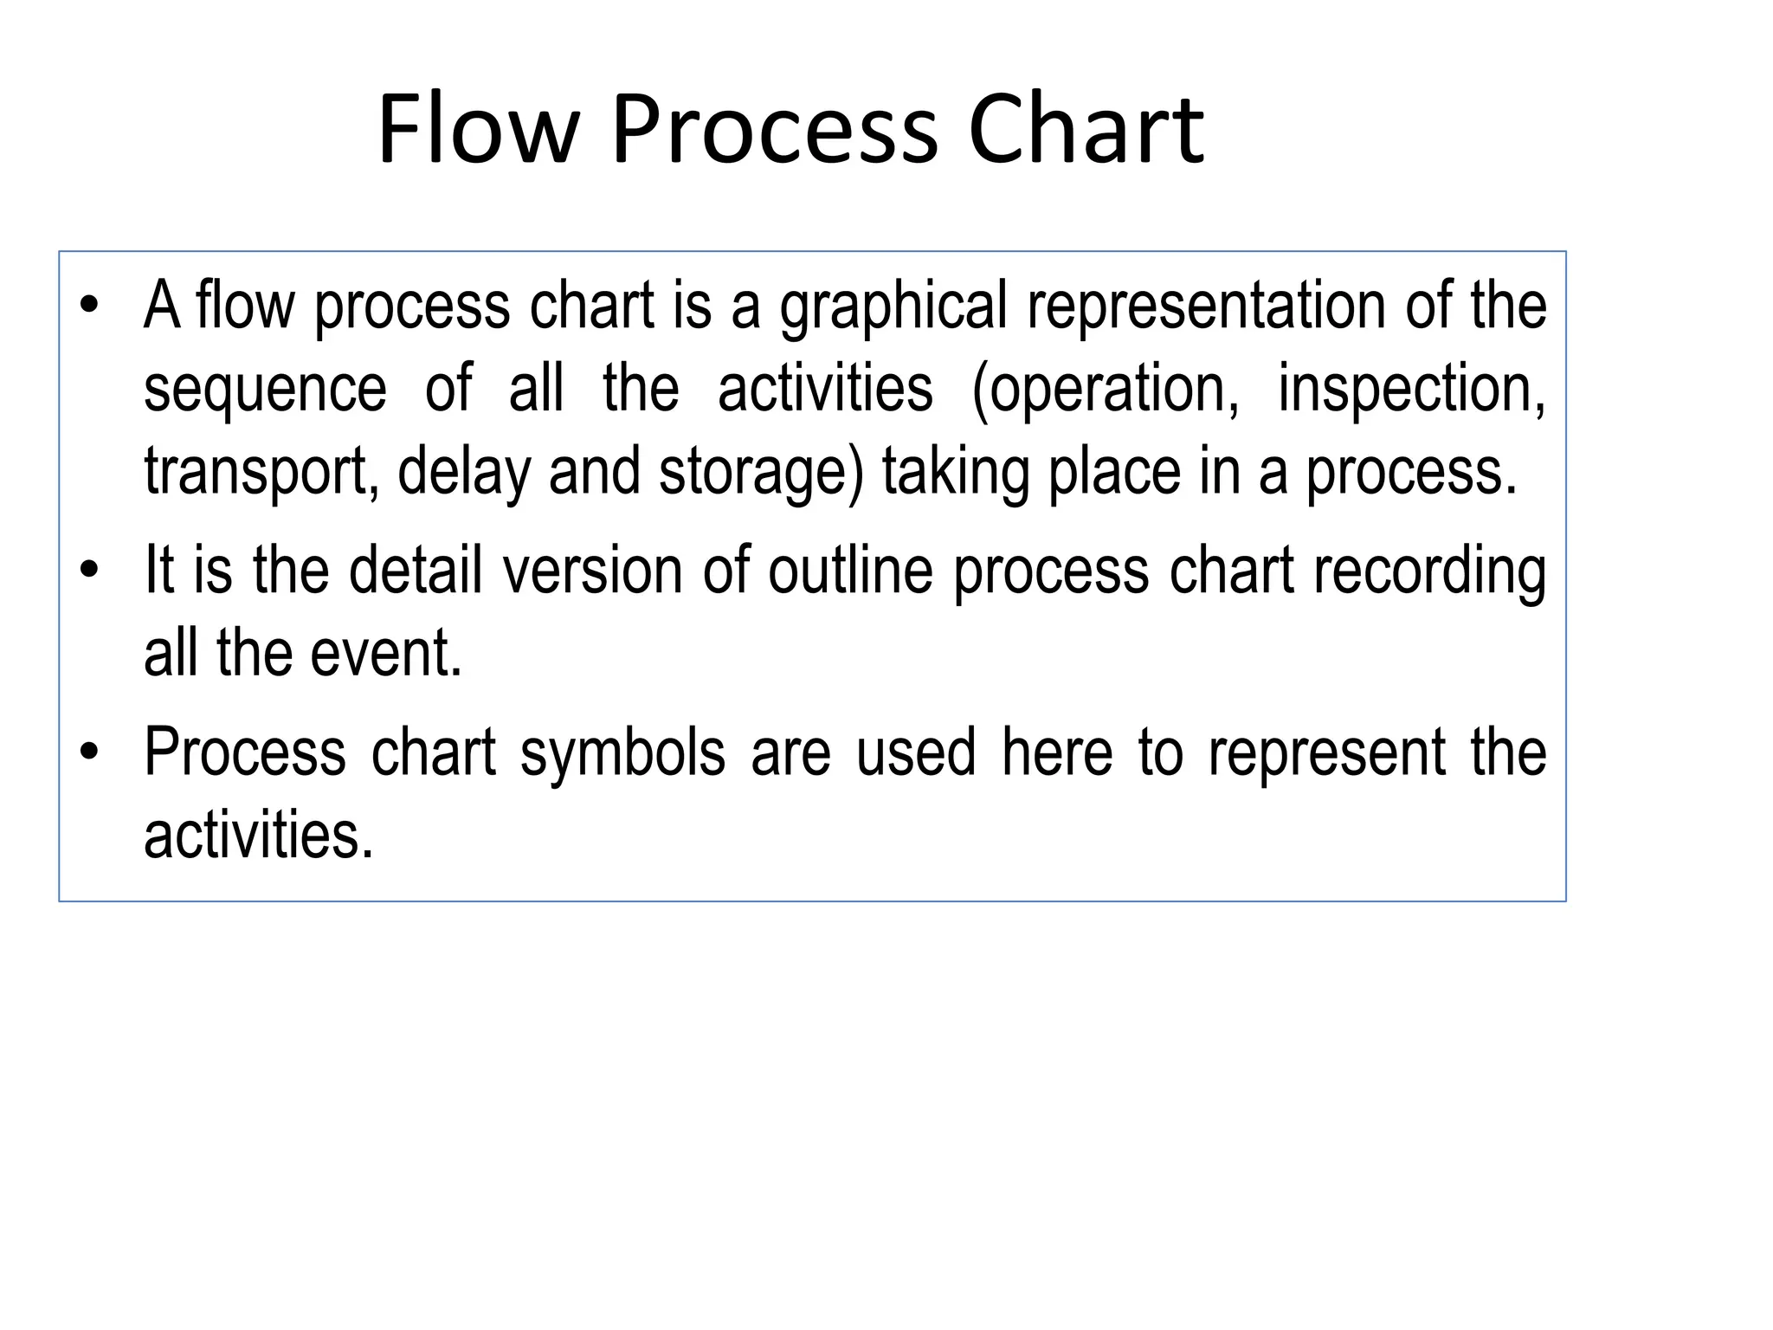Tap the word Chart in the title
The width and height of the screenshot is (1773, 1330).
(1086, 130)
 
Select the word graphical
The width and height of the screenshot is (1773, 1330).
(893, 307)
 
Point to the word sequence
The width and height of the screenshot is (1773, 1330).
(265, 390)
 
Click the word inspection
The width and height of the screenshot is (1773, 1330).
(1411, 390)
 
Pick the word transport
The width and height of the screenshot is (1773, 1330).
(261, 473)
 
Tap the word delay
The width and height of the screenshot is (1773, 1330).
(463, 473)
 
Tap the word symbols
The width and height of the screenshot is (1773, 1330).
(622, 753)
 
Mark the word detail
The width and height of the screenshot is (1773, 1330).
(416, 571)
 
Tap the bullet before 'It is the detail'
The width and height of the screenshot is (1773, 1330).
(88, 571)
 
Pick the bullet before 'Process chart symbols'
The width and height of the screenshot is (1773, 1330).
(88, 752)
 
